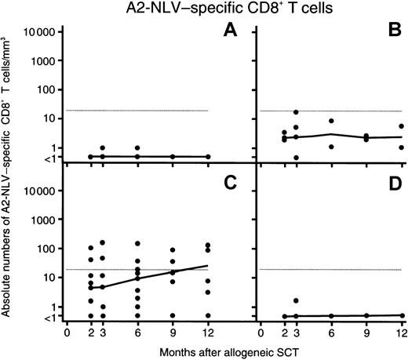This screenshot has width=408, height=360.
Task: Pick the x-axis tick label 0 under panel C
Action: tap(67, 331)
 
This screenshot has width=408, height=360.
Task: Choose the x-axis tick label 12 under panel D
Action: tap(401, 331)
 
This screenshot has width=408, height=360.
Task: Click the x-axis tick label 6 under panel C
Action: tap(137, 331)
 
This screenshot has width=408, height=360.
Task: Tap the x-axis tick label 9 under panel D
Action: tap(366, 331)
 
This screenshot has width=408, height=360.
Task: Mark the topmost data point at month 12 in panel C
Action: tap(208, 245)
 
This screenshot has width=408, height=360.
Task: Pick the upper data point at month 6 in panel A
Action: tap(137, 147)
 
